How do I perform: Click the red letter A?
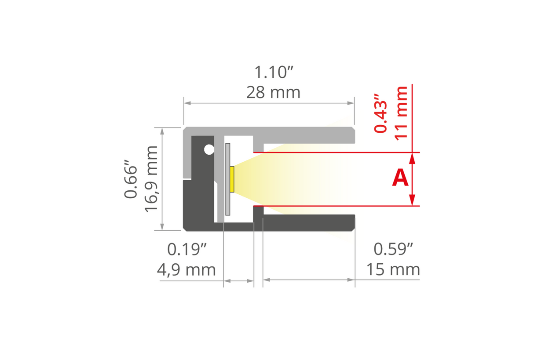tap(400, 178)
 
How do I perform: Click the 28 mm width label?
tap(273, 93)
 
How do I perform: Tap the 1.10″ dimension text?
tap(274, 72)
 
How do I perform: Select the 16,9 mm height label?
tap(151, 179)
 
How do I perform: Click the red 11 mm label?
tap(401, 113)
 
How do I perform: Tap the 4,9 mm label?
tap(187, 269)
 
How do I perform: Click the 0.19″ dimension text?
tap(187, 249)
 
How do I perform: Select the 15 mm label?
tap(394, 269)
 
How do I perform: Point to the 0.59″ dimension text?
tap(394, 249)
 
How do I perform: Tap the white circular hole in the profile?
tap(209, 150)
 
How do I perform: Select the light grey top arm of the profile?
tap(308, 132)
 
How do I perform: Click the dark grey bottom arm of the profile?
tap(308, 222)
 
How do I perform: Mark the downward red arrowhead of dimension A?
tap(412, 201)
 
